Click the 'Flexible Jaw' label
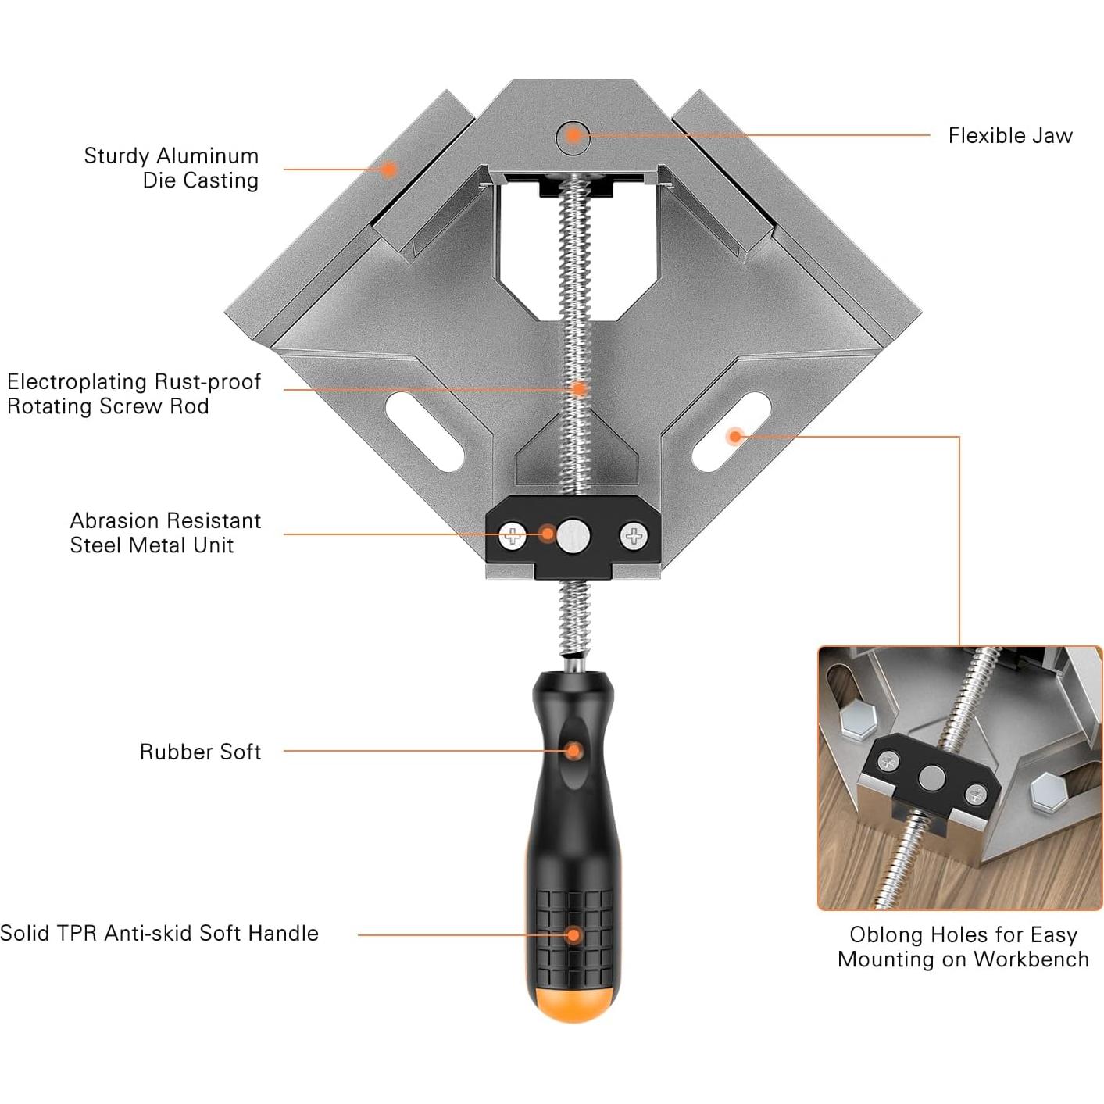(1009, 136)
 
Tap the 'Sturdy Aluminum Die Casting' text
(171, 168)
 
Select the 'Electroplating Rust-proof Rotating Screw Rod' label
(134, 394)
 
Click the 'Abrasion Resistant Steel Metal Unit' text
(165, 533)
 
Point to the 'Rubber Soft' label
(200, 752)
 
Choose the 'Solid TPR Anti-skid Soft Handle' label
(159, 933)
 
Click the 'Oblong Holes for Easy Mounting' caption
(963, 947)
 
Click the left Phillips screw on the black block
(513, 536)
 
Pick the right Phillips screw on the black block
(634, 536)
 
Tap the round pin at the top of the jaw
(573, 135)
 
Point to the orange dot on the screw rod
(578, 388)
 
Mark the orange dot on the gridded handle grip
(573, 934)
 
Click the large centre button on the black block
(573, 536)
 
